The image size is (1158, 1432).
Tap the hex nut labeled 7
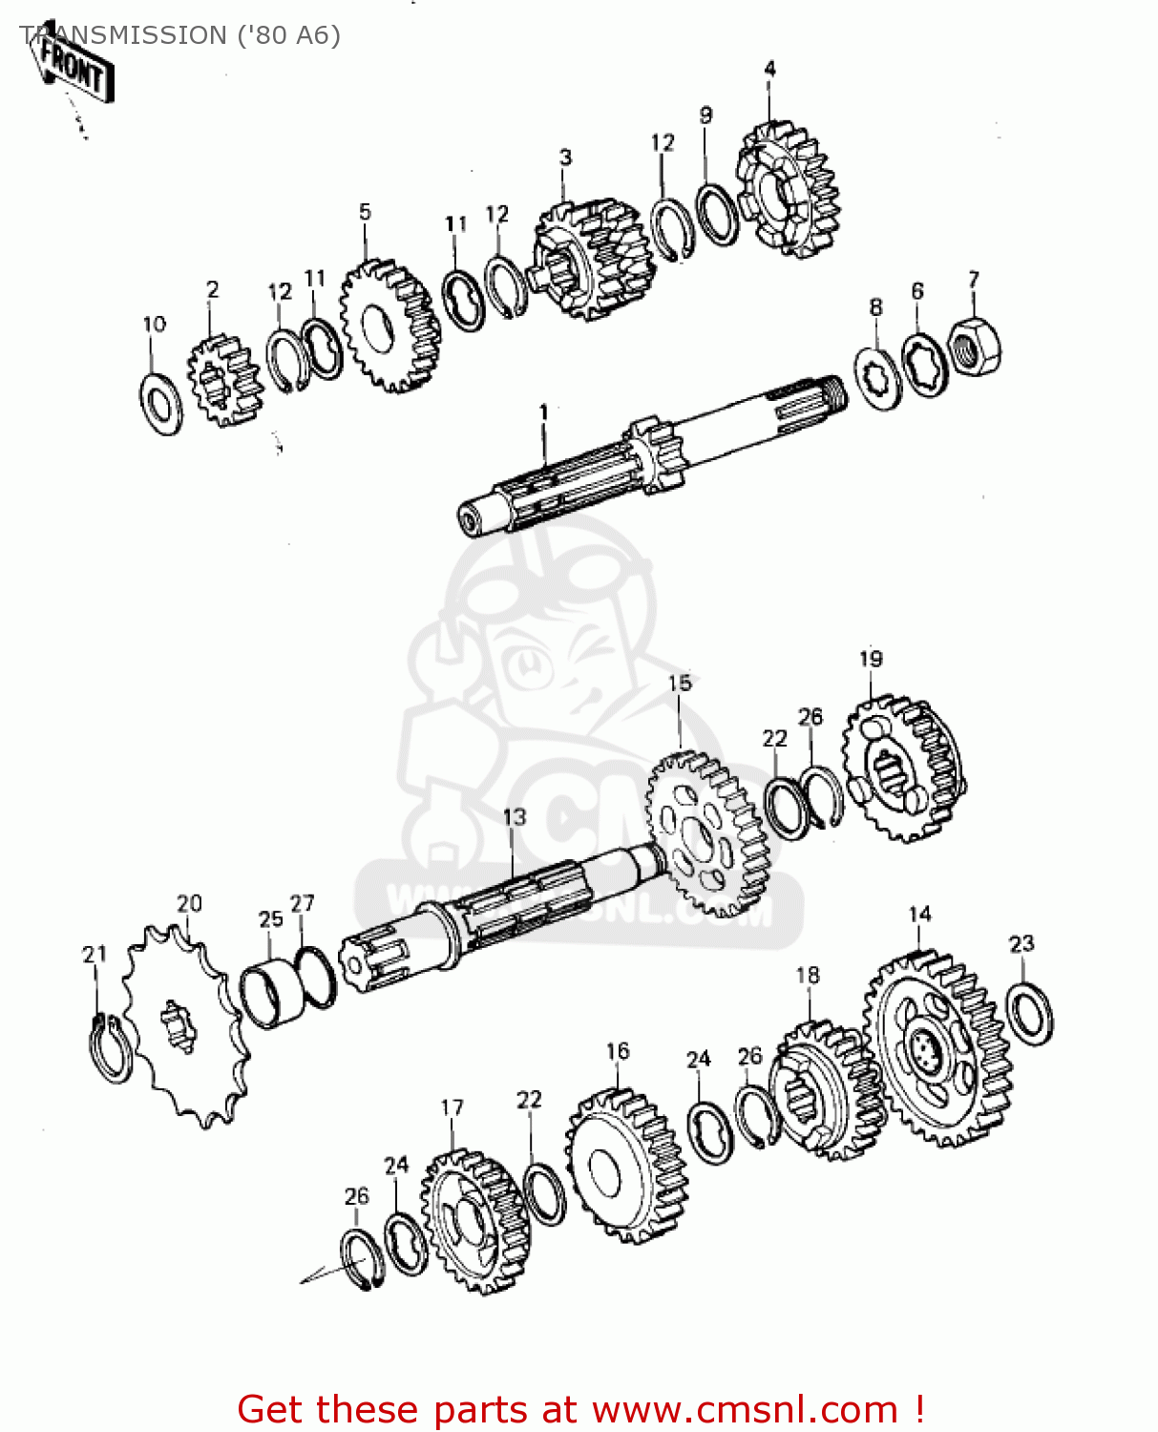tap(975, 347)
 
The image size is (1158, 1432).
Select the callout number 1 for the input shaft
tap(543, 411)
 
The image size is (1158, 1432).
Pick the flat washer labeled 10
tap(161, 405)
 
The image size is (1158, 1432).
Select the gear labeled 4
tap(788, 190)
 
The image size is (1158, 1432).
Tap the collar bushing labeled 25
tap(272, 995)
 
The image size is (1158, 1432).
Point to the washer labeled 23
tap(1030, 1013)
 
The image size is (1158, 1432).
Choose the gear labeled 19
tap(903, 769)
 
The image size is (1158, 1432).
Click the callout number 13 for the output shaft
tap(514, 817)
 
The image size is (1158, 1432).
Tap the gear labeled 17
tap(474, 1223)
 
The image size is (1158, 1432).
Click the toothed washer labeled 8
tap(877, 380)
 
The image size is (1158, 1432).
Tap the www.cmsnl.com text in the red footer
tap(745, 1410)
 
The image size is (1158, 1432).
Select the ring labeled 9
tap(716, 215)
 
